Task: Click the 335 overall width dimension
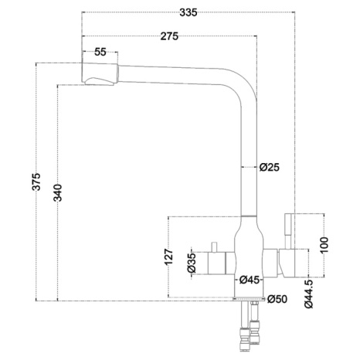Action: point(188,12)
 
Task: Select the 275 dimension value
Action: point(169,36)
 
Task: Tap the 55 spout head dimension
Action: point(100,52)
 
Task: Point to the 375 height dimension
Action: point(36,182)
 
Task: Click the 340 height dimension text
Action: point(58,193)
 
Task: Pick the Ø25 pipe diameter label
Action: point(270,168)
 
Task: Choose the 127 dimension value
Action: point(168,256)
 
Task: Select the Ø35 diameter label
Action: point(192,263)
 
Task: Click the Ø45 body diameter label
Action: point(250,280)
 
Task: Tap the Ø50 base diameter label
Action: point(277,299)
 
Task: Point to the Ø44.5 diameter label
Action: point(308,294)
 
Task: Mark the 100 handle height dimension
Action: point(324,245)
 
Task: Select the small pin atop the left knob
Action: point(213,247)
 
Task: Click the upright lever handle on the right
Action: point(287,231)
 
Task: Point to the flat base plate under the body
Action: point(249,299)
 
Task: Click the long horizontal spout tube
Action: point(170,75)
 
